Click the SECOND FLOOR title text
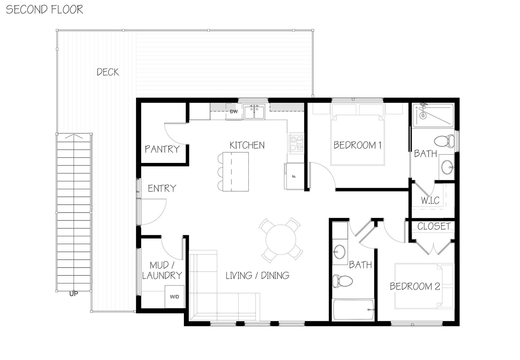point(45,9)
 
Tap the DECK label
point(108,72)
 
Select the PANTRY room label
point(162,149)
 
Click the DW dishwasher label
point(234,111)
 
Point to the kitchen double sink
point(254,111)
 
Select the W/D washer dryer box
point(175,297)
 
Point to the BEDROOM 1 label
point(357,145)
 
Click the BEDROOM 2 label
point(415,287)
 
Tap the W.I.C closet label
point(430,200)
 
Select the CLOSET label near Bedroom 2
point(434,226)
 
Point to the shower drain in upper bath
point(423,116)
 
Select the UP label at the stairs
point(73,293)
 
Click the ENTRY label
point(162,188)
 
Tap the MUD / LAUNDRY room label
point(162,270)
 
